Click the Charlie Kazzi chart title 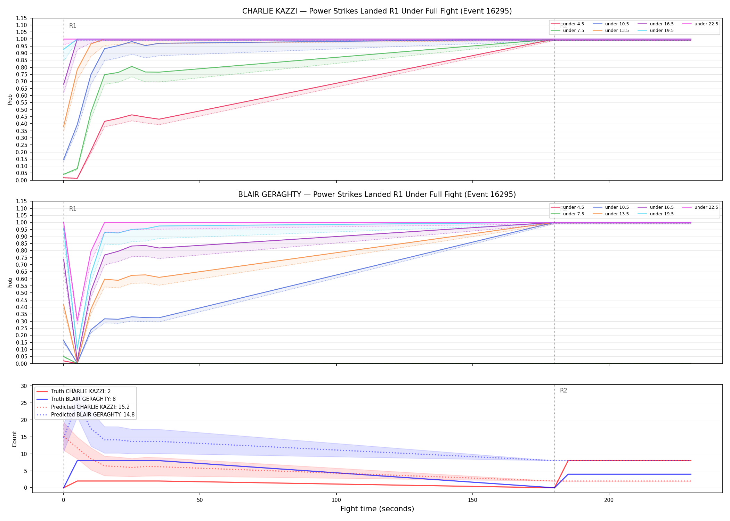pos(377,11)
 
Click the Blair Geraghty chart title pos(377,195)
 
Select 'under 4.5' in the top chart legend pos(574,24)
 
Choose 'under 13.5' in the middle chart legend pos(617,214)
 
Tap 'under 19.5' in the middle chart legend pos(662,214)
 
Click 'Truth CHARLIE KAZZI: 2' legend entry pos(81,391)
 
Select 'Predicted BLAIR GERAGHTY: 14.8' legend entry pos(93,415)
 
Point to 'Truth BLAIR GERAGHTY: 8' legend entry pos(83,399)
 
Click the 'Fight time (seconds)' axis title pos(377,509)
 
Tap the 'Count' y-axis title pos(14,439)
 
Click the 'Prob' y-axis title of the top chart pos(10,99)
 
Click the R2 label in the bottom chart pos(563,391)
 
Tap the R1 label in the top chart pos(73,26)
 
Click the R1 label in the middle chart pos(73,209)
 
